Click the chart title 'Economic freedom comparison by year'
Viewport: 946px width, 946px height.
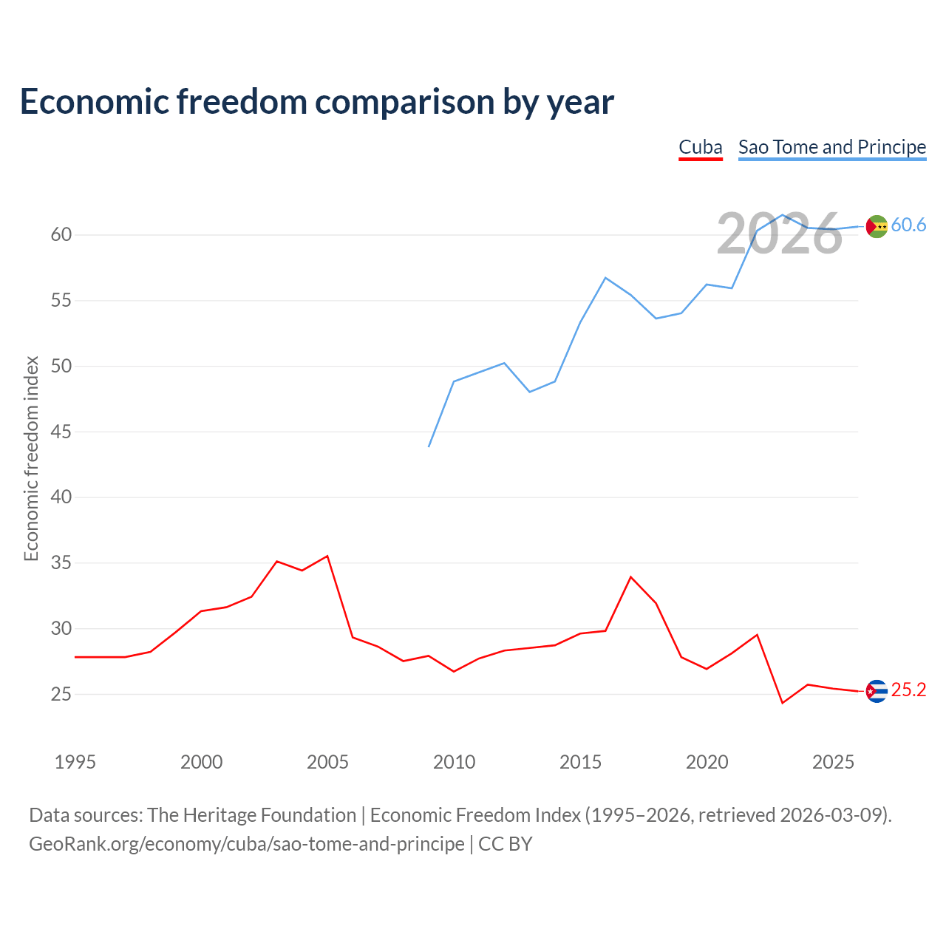click(x=316, y=102)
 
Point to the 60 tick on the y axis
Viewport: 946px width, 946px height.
click(x=61, y=235)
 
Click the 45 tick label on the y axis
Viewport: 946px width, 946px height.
click(x=61, y=432)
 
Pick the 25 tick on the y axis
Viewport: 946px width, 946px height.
click(x=61, y=694)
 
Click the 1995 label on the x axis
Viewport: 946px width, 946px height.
click(x=75, y=762)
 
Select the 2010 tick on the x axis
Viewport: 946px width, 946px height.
click(x=454, y=762)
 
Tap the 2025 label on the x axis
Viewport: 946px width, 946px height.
click(x=833, y=762)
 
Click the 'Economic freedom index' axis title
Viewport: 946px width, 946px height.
click(x=32, y=458)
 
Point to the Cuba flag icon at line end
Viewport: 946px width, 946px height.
click(x=877, y=691)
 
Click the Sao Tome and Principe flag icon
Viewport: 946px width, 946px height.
click(x=877, y=226)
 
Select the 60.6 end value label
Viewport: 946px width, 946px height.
click(x=908, y=225)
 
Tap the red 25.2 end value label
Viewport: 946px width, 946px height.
click(x=908, y=690)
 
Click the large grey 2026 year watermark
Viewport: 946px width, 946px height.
click(x=780, y=234)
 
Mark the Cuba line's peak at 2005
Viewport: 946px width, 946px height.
click(x=327, y=557)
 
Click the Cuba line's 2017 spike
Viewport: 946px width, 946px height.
click(x=631, y=577)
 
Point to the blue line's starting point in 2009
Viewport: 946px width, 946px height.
click(x=429, y=446)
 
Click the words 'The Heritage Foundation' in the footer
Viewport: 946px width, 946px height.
click(x=252, y=815)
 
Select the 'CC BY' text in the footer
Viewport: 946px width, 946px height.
click(x=506, y=845)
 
